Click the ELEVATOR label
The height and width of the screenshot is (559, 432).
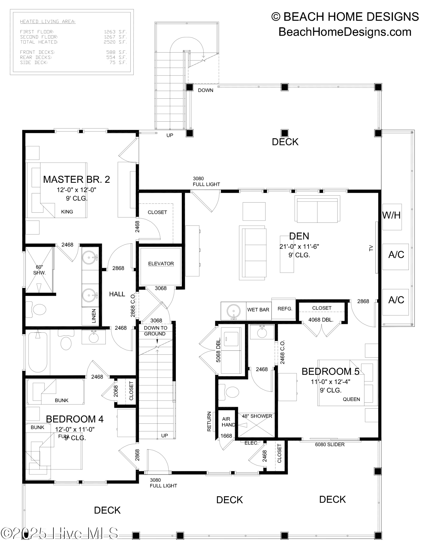161,264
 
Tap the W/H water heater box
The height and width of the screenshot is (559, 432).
392,215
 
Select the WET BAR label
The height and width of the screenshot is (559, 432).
258,310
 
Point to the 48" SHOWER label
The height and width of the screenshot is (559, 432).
257,416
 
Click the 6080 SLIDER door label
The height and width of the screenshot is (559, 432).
330,444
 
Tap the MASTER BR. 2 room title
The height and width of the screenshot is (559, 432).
76,179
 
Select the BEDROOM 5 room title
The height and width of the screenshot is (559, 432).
330,371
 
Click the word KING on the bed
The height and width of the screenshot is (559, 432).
67,212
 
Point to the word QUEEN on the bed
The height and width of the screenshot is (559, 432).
351,399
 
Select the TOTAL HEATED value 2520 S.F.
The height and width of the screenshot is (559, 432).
115,42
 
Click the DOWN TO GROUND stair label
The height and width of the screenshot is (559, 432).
155,331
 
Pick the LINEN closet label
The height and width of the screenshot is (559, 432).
94,316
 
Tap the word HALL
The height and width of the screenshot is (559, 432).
117,294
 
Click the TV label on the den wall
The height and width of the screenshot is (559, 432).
371,248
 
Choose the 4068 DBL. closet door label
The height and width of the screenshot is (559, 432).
321,320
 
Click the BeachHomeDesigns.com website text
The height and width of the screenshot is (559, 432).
345,32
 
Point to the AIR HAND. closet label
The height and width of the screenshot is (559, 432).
228,422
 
